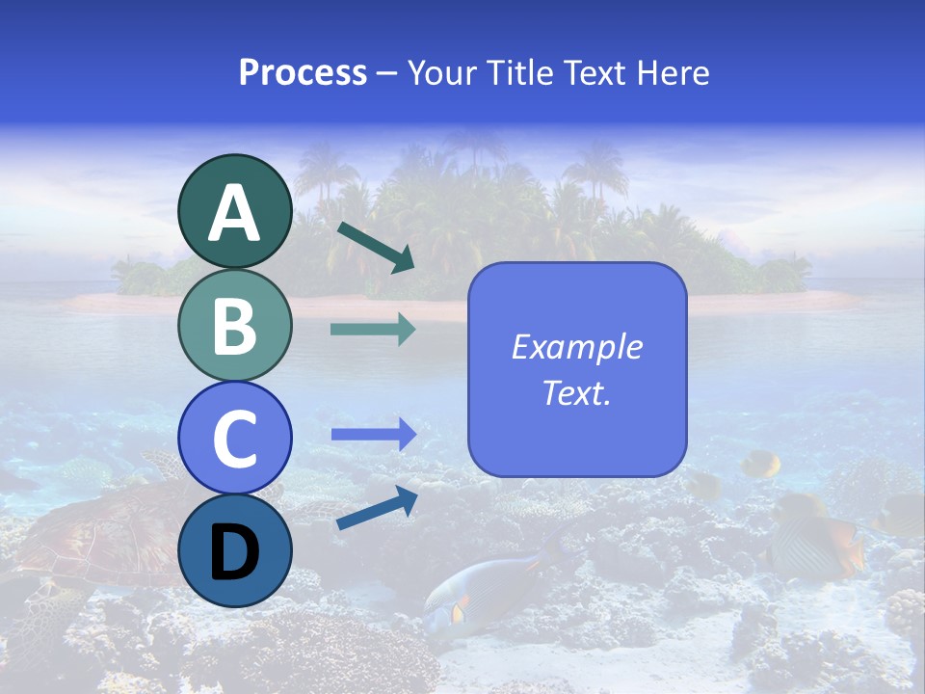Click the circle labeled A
(x=234, y=211)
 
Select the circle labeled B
(x=234, y=325)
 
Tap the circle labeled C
(x=234, y=438)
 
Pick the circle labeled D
(x=234, y=550)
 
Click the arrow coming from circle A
(x=376, y=247)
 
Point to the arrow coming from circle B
(x=373, y=330)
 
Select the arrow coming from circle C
(x=374, y=435)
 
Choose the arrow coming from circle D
(x=377, y=508)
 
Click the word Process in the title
(x=303, y=73)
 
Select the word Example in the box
(x=576, y=347)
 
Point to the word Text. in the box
(x=576, y=393)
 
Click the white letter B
(x=234, y=325)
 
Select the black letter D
(x=234, y=551)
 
